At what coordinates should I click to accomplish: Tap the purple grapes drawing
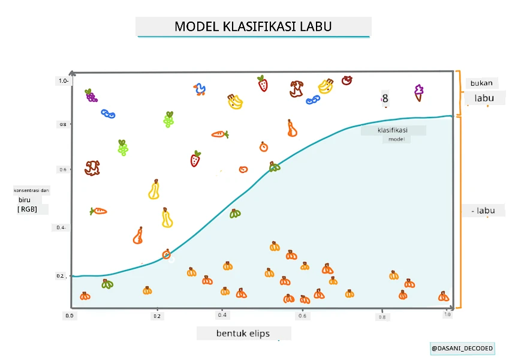click(x=91, y=95)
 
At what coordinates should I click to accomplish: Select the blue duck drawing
click(x=200, y=89)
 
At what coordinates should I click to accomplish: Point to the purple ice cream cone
click(x=418, y=93)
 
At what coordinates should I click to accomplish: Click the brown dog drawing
click(x=92, y=168)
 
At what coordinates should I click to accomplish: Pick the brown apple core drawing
click(x=297, y=89)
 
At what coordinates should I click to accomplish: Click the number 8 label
click(x=385, y=98)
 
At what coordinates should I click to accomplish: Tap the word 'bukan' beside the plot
click(x=481, y=83)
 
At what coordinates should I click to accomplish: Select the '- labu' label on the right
click(x=483, y=211)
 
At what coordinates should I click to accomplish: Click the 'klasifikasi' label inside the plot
click(x=393, y=130)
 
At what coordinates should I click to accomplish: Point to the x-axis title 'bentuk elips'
click(x=243, y=334)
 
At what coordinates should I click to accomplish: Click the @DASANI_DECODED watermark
click(x=462, y=349)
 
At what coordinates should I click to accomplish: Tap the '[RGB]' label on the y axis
click(x=27, y=209)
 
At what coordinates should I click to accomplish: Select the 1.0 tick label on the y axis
click(x=64, y=80)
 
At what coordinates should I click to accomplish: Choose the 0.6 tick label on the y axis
click(x=63, y=169)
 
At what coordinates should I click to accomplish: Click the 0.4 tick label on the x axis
click(x=222, y=315)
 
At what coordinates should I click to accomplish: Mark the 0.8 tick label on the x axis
click(x=382, y=317)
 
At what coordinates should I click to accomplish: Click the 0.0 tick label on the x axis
click(x=70, y=316)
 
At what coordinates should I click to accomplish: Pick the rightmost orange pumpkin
click(x=444, y=296)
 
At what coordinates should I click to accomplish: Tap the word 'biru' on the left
click(x=25, y=200)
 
